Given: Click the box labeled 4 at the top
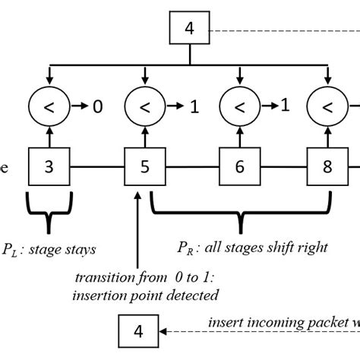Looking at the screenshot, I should tap(190, 31).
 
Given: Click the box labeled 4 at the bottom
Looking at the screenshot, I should tap(138, 331).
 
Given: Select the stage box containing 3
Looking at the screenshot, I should tap(49, 166).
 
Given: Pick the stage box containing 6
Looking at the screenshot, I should tap(238, 166).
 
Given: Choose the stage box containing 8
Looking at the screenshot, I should tap(327, 166).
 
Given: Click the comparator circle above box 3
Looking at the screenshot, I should tap(49, 108).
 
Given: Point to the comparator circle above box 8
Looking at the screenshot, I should tap(328, 108).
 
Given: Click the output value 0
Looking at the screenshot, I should tap(97, 108).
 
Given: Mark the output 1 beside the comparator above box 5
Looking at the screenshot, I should tap(194, 108).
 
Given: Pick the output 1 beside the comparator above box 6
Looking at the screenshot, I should tap(286, 106).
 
